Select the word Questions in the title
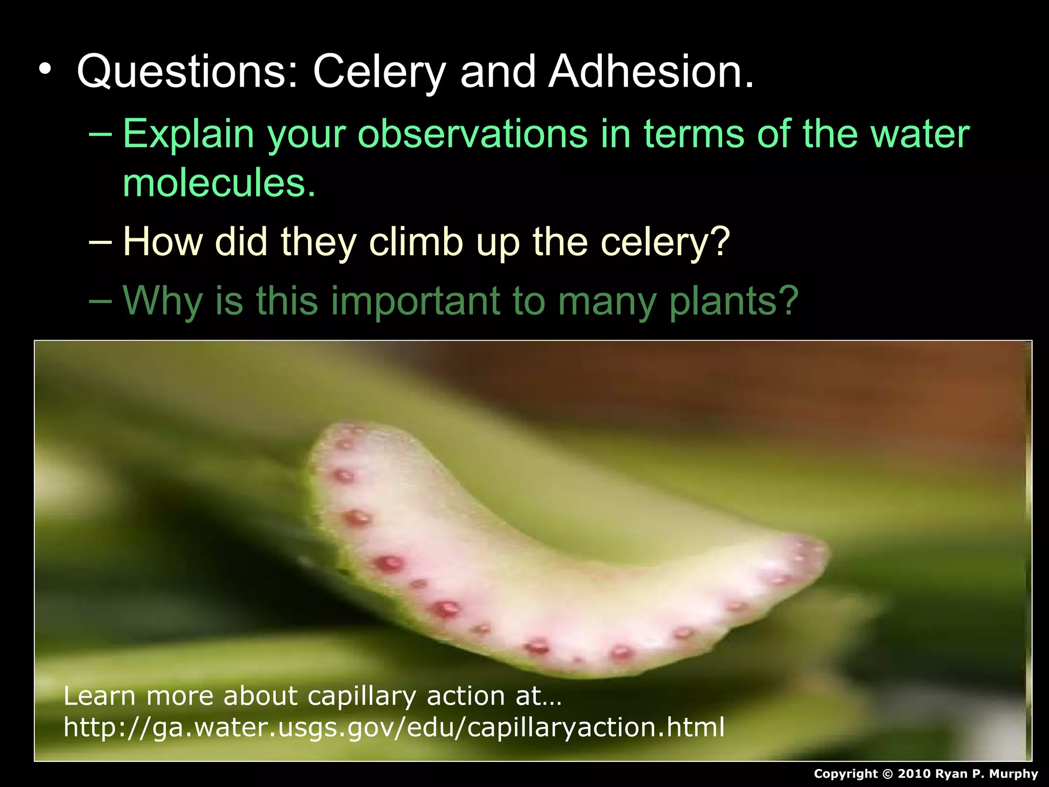187,72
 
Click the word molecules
219,183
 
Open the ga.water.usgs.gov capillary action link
394,727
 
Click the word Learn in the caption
99,696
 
